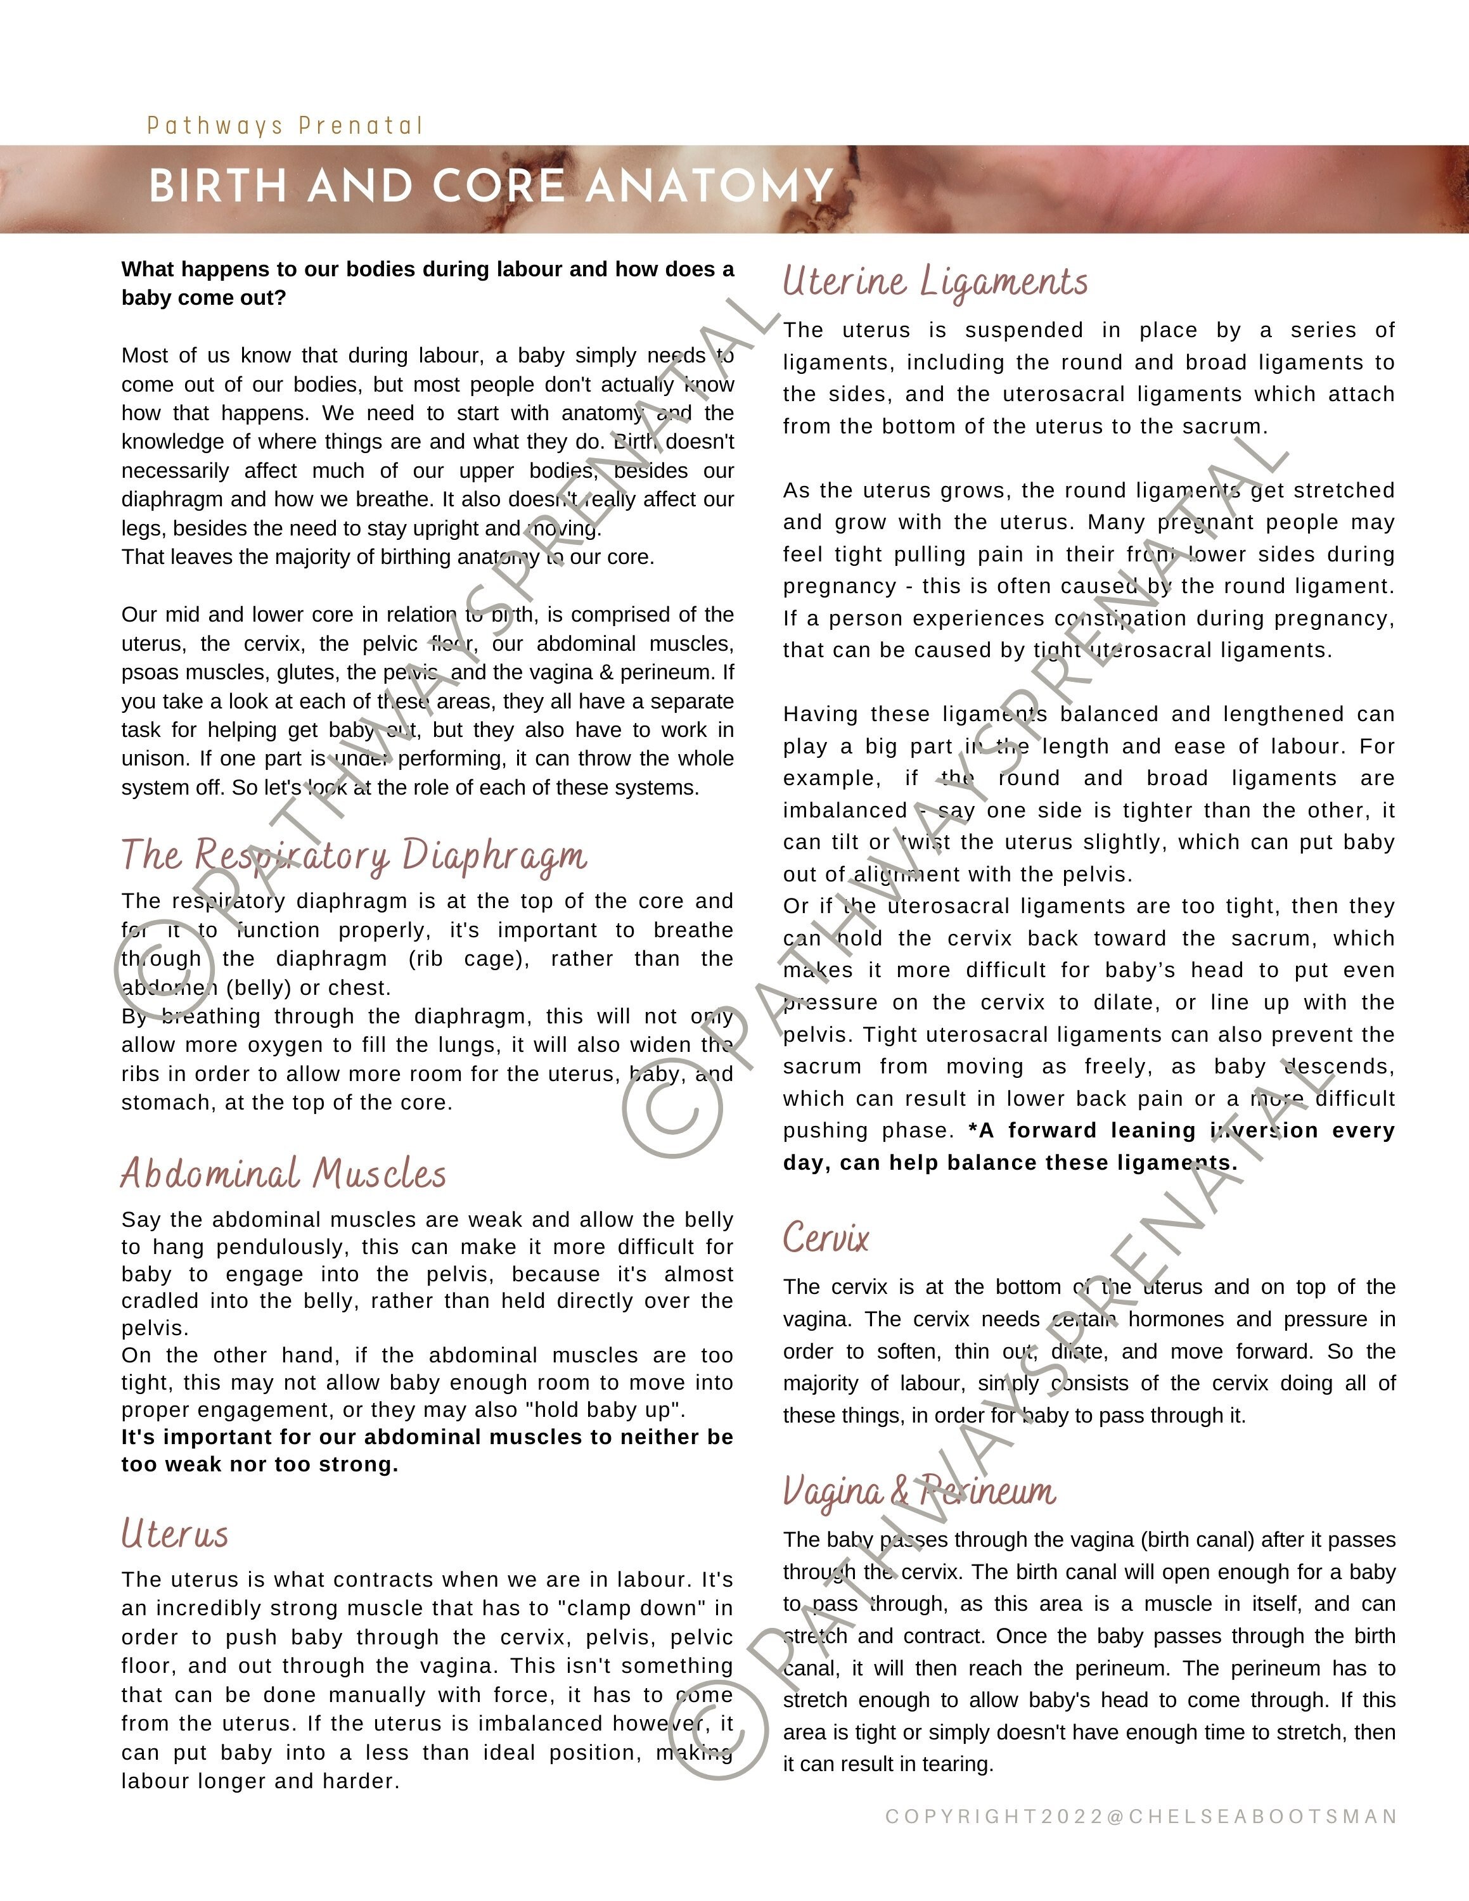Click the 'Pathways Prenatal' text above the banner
(285, 126)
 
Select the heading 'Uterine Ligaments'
(935, 282)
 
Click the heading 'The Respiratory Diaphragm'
(354, 855)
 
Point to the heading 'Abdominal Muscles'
(284, 1174)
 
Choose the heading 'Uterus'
(175, 1533)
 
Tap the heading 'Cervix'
(825, 1237)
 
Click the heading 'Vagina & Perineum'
(919, 1491)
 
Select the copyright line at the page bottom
(1141, 1817)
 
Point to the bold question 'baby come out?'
(203, 298)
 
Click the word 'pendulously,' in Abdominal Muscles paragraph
(285, 1246)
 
